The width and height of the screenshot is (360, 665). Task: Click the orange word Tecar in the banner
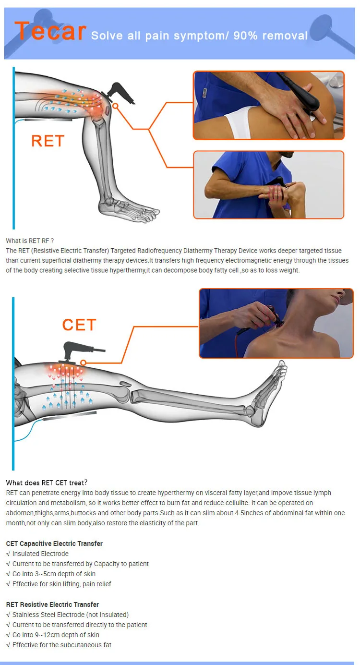click(50, 31)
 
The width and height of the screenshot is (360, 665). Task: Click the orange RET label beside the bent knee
click(48, 141)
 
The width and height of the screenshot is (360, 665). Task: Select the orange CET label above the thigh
click(79, 324)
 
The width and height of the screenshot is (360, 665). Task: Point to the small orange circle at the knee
click(116, 106)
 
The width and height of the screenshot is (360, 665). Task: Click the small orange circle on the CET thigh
click(84, 363)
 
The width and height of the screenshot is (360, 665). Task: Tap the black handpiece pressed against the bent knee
click(119, 93)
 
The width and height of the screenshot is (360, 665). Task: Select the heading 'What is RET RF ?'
click(30, 241)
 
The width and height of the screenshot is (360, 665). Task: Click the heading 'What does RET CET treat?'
click(47, 483)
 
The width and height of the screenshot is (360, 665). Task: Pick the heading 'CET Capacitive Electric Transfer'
click(54, 543)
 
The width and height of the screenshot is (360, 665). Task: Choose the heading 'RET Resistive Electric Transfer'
click(52, 604)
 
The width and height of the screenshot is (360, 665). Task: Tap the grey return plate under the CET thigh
click(70, 415)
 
